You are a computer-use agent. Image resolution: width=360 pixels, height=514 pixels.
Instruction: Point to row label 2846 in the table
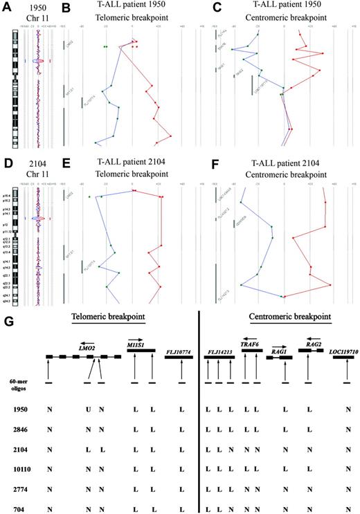(x=24, y=430)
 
